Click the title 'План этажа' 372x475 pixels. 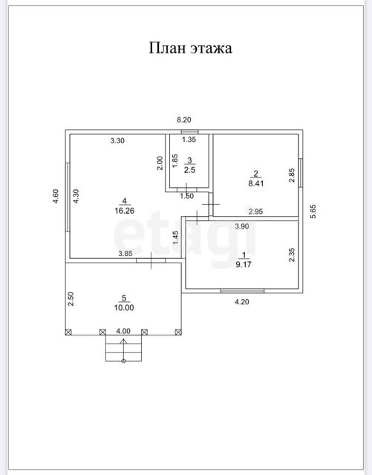190,48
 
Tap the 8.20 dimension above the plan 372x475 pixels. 184,120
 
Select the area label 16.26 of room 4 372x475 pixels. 124,211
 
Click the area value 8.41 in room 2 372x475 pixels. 256,183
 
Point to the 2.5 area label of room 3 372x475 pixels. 189,170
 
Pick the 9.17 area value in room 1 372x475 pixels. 244,264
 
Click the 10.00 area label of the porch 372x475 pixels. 124,308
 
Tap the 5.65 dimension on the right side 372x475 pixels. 313,212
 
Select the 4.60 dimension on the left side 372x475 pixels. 56,196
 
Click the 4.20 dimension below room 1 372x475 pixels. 242,302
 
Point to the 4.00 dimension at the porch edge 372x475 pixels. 123,331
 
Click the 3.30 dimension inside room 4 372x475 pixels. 117,140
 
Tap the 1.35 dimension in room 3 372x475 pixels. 189,140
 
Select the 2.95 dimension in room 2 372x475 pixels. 255,212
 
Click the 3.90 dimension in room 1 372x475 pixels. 242,226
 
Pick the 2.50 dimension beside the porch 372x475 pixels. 71,298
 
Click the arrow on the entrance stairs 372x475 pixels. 123,350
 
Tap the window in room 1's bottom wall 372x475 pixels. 243,291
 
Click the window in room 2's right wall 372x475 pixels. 301,172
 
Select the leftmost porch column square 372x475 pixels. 68,332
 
